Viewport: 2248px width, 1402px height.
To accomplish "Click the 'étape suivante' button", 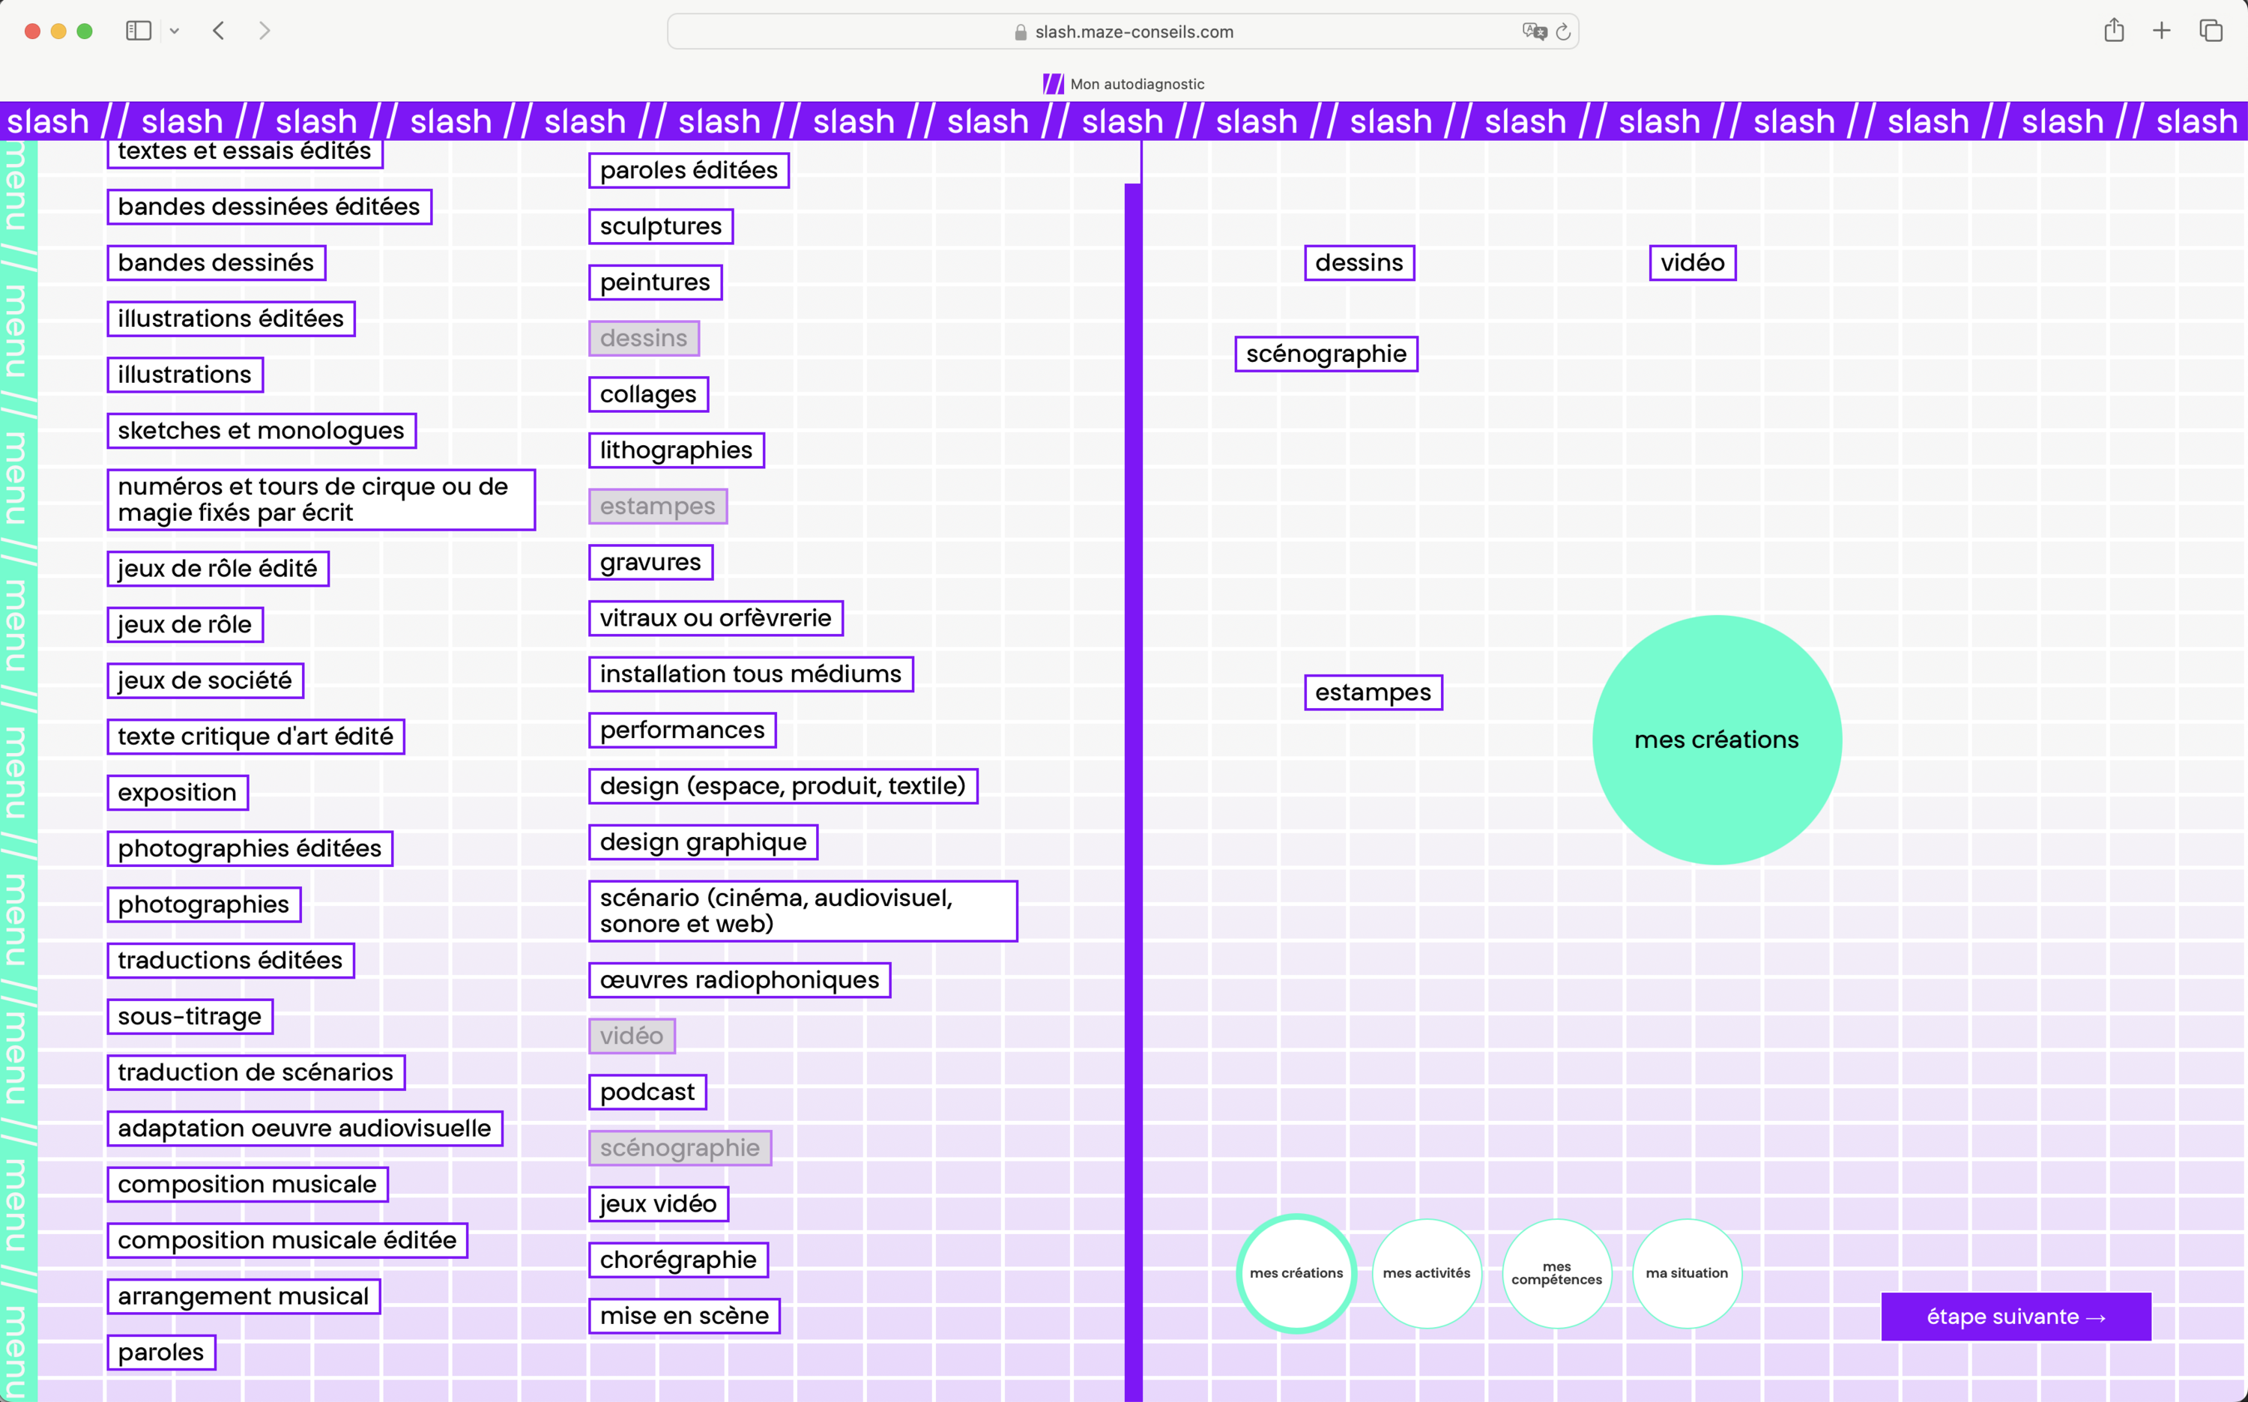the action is click(x=2015, y=1317).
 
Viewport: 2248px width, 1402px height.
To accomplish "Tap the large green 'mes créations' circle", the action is click(x=1717, y=740).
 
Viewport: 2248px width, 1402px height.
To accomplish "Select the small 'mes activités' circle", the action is click(x=1427, y=1273).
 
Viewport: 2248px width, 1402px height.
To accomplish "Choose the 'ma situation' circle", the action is click(x=1687, y=1273).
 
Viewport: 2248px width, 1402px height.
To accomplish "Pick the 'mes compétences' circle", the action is click(x=1557, y=1273).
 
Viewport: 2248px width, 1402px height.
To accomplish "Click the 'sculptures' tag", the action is click(x=661, y=226).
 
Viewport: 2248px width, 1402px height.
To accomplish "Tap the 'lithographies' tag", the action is click(x=677, y=450).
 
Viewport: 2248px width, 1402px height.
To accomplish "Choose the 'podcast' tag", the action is click(x=648, y=1093).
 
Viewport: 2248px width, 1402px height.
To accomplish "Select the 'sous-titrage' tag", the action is click(x=190, y=1016).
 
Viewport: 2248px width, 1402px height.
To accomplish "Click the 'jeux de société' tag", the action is click(x=205, y=680).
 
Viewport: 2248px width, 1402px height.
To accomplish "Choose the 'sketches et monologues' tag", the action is click(x=262, y=430).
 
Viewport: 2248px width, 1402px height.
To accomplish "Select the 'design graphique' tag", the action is click(x=704, y=842).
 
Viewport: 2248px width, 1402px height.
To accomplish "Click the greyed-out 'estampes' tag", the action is click(x=658, y=507).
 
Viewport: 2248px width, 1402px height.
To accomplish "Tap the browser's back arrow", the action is click(x=219, y=31).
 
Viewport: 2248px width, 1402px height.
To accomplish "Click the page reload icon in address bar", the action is click(x=1563, y=31).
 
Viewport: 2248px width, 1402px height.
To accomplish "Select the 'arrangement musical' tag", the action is click(x=244, y=1296).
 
